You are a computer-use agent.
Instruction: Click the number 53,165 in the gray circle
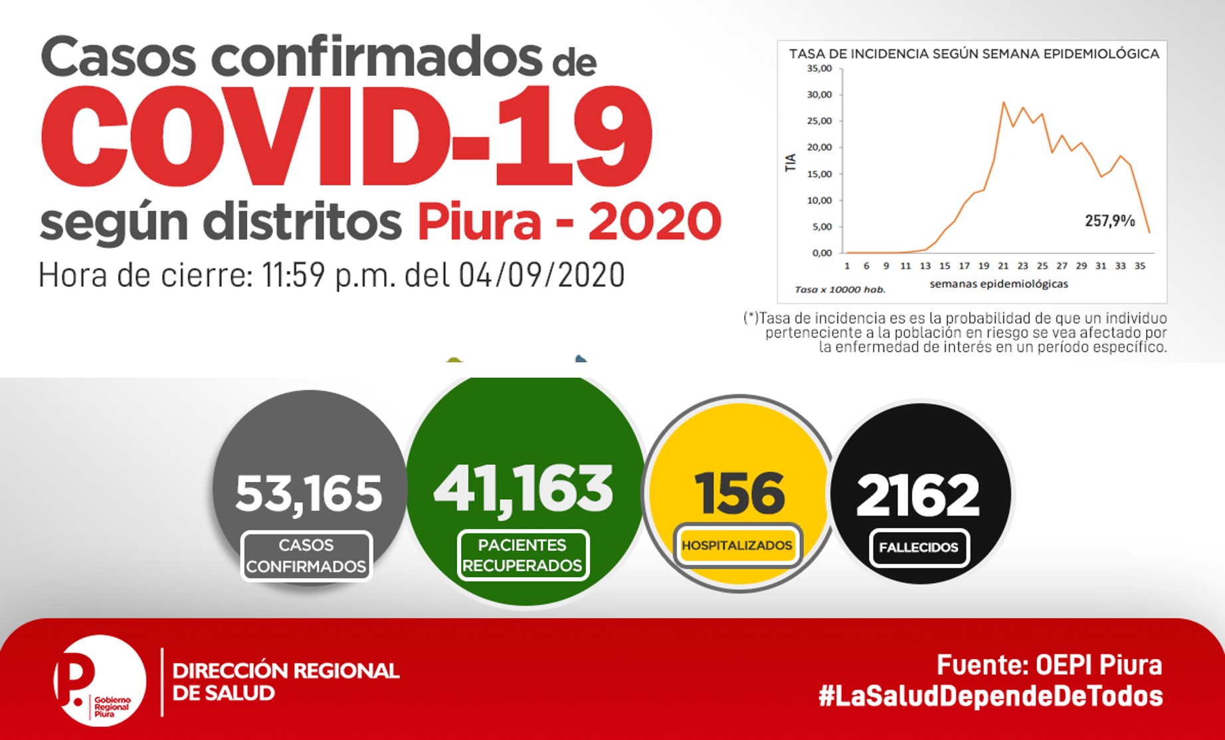coord(309,494)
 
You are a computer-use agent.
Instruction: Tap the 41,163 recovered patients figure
coord(523,489)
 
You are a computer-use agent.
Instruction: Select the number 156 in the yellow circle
coord(739,493)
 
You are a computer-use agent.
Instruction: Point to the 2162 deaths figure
coord(918,495)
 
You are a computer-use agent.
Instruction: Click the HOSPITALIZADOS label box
coord(737,545)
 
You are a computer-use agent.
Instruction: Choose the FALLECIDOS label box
coord(919,548)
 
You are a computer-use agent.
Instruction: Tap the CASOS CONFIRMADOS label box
coord(306,556)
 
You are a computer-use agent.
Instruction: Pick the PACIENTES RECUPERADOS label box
coord(523,555)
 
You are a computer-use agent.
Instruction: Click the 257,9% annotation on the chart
coord(1110,221)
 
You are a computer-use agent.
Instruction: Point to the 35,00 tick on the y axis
coord(819,68)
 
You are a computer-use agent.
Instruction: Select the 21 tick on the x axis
coord(1003,266)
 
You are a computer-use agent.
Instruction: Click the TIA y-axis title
coord(791,163)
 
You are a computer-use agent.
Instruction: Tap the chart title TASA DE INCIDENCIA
coord(974,54)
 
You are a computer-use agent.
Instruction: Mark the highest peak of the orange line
coord(1003,102)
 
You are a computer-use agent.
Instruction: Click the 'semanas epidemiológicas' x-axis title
coord(999,284)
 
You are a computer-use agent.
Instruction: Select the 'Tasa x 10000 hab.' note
coord(840,290)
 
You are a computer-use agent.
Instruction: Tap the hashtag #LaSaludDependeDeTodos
coord(990,696)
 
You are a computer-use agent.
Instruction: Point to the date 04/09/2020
coord(541,275)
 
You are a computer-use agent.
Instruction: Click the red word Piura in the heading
coord(479,221)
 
